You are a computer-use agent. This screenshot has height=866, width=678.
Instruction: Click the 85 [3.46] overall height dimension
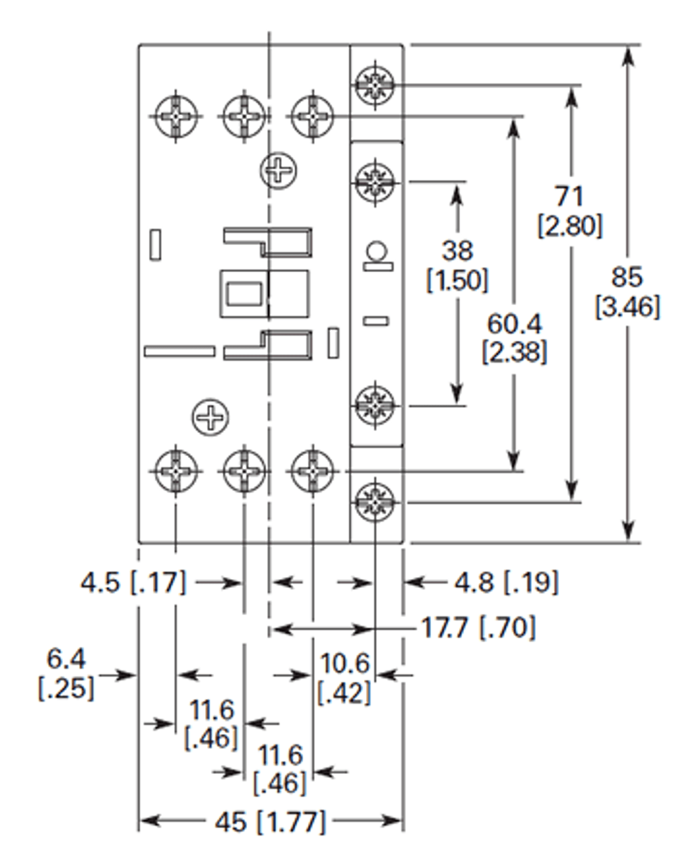tap(627, 292)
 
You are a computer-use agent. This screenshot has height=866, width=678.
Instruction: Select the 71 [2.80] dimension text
tap(570, 211)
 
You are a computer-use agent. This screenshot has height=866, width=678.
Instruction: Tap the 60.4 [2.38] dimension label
tap(515, 338)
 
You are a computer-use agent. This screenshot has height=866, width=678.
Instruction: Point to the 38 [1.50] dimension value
tap(457, 265)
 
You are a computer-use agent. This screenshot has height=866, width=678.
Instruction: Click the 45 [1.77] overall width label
tap(270, 823)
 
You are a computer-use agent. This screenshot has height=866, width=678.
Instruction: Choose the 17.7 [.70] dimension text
tap(478, 628)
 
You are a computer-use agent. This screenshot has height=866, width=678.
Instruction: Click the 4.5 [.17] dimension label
tap(133, 582)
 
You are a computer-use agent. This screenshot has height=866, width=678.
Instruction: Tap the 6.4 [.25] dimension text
tap(66, 674)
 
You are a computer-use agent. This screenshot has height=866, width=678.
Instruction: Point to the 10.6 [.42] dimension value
tap(344, 678)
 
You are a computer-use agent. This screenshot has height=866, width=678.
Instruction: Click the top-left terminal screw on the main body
tap(176, 116)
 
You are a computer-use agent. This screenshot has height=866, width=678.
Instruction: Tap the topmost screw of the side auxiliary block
tap(374, 85)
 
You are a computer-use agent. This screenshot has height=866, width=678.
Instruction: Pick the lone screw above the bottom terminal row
tap(210, 417)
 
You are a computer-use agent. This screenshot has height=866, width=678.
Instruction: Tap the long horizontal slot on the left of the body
tap(179, 351)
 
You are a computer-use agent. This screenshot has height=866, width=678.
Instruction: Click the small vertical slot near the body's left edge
tap(156, 244)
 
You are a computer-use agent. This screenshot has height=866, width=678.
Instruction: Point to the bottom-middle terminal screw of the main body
tap(244, 470)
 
